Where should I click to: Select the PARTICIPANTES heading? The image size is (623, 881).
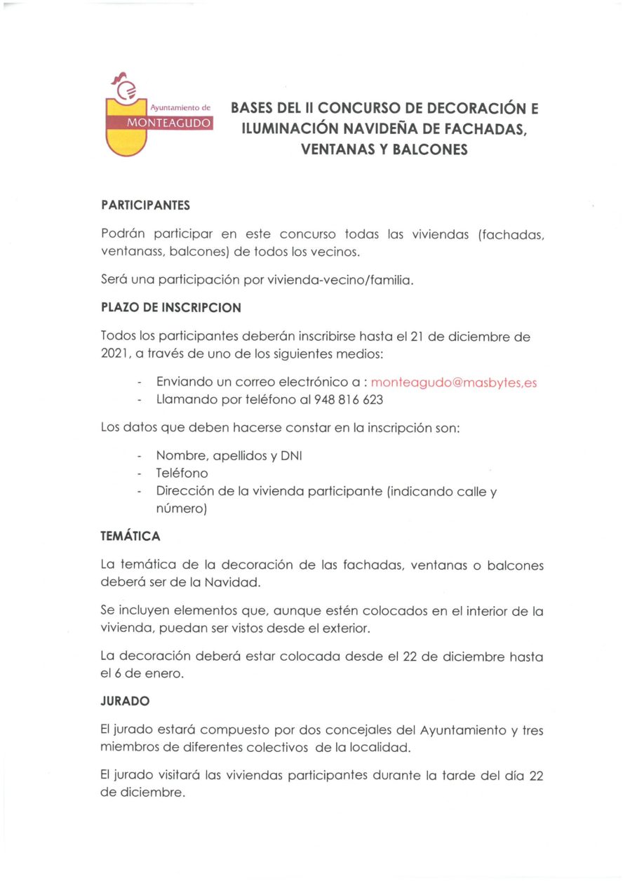pos(146,206)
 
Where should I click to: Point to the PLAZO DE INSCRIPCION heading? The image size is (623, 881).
pos(171,308)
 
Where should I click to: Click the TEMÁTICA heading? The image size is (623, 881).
pos(130,537)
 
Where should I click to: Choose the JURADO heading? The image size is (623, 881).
pos(125,701)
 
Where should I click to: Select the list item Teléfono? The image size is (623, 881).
pos(182,473)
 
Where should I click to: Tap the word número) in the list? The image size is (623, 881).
pos(181,510)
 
